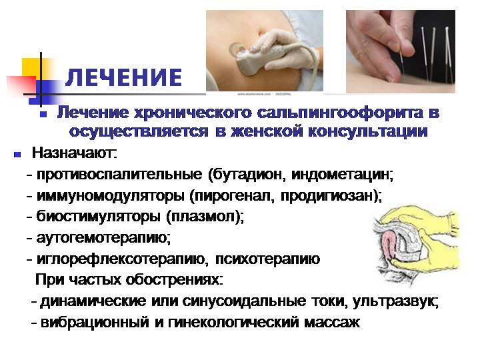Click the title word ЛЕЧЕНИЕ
pyautogui.click(x=125, y=77)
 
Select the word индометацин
pyautogui.click(x=343, y=176)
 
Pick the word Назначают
pyautogui.click(x=73, y=155)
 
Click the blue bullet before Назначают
pyautogui.click(x=17, y=155)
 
